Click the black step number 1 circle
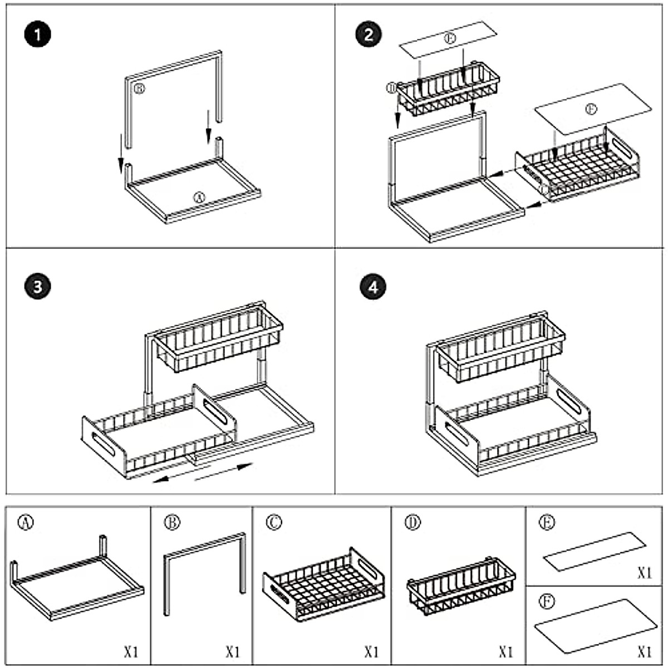click(37, 36)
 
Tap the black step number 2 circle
click(368, 35)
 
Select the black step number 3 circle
click(37, 287)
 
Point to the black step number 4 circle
click(372, 287)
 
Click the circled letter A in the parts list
click(26, 522)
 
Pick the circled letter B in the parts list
click(173, 522)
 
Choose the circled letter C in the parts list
click(274, 522)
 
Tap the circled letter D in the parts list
click(412, 523)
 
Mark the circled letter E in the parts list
click(548, 523)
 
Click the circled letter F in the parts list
click(548, 602)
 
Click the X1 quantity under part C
click(371, 651)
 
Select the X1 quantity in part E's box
click(645, 573)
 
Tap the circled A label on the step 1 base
click(199, 197)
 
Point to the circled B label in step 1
click(139, 89)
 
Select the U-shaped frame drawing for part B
click(204, 568)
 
